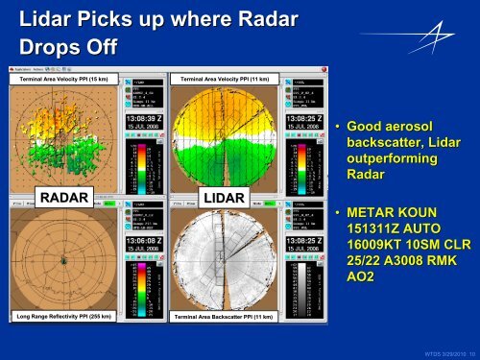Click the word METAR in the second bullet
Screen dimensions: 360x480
click(376, 212)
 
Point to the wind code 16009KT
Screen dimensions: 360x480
click(376, 245)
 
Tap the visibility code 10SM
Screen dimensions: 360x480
click(431, 245)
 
